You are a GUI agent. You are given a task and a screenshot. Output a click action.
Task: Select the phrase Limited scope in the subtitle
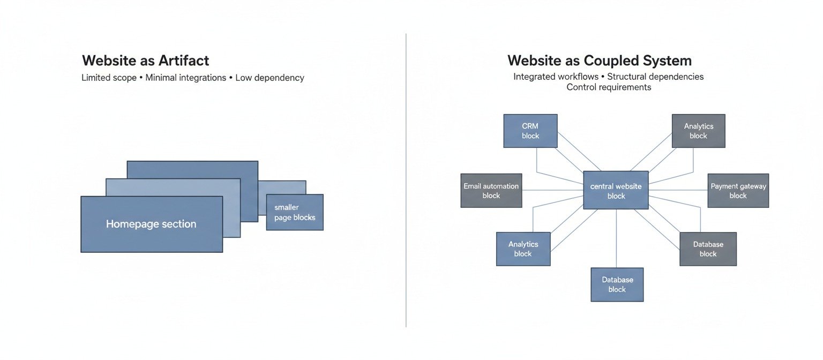coord(109,78)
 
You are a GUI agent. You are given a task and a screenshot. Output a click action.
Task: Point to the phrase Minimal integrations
coord(186,78)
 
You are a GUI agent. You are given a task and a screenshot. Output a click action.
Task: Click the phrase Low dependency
coord(270,78)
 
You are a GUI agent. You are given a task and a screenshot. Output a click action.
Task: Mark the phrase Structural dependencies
coord(655,77)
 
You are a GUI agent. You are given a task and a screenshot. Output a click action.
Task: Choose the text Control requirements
coord(609,87)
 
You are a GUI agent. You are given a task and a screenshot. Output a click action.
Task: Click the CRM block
coord(530,131)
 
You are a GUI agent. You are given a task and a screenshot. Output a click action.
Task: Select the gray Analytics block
coord(698,131)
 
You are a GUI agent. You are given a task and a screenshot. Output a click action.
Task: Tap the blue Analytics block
coord(523,249)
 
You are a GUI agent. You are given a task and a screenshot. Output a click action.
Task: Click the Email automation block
coord(491,191)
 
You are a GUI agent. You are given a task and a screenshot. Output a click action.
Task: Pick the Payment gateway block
coord(738,191)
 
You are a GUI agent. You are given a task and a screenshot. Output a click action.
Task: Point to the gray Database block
coord(708,249)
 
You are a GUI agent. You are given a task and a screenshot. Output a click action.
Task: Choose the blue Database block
coord(617,284)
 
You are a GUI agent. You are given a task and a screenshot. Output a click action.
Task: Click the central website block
coord(616,191)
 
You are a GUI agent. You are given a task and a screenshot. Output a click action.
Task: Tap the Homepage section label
coord(151,224)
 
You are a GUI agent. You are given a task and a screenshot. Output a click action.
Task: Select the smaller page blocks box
coord(294,212)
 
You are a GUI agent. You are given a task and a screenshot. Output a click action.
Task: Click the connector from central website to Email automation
coord(552,190)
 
